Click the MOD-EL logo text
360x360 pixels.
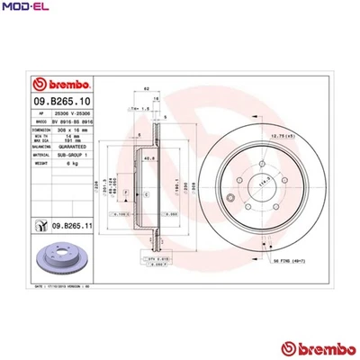23,8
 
